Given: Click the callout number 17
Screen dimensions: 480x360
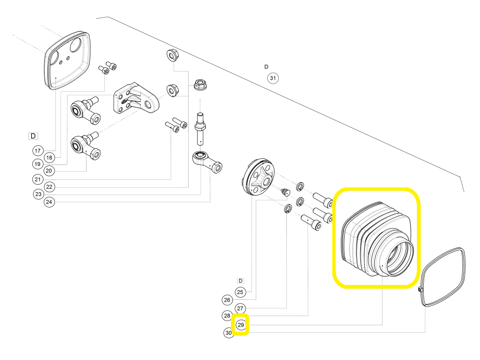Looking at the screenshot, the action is click(x=38, y=151).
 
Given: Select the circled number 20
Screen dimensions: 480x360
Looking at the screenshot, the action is click(x=49, y=171).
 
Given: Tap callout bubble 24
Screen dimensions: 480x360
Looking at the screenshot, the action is click(x=49, y=202).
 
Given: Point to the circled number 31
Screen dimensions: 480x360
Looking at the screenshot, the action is click(x=273, y=78).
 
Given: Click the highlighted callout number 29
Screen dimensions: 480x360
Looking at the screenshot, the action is click(x=241, y=325).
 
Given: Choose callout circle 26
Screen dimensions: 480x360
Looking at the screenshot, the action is click(x=227, y=300).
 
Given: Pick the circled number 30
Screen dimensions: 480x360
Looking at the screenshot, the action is click(x=229, y=333).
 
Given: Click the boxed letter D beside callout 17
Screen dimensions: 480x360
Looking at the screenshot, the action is click(x=33, y=136).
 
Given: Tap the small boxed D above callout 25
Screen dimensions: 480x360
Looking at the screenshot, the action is click(x=240, y=281).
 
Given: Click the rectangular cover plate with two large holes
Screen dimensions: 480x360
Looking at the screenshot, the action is click(x=67, y=60).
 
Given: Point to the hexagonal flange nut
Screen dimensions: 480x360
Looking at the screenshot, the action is click(x=200, y=84).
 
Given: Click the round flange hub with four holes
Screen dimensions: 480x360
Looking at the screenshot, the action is click(x=258, y=176).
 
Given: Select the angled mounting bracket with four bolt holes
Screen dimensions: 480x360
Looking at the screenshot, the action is click(x=136, y=98).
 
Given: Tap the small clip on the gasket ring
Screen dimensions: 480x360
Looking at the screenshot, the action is click(x=420, y=289).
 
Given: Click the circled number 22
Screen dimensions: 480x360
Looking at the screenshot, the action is click(x=49, y=187).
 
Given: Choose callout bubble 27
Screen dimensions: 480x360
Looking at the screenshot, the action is click(x=240, y=308).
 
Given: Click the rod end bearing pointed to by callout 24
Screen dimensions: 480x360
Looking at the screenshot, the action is click(x=207, y=161).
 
